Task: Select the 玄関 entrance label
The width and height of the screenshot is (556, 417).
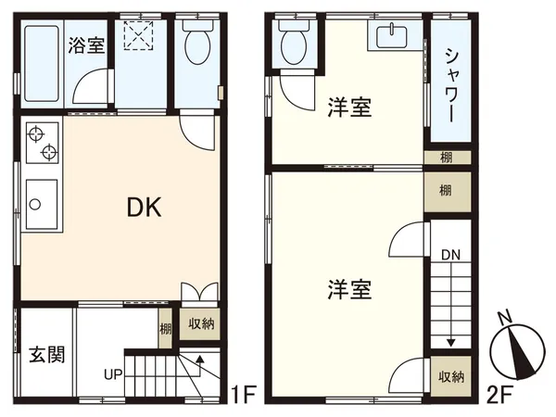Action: (45, 355)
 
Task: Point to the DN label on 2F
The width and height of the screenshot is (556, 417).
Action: (450, 255)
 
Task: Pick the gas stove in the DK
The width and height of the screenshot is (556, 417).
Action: (42, 144)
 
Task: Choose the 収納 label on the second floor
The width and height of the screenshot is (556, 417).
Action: (451, 376)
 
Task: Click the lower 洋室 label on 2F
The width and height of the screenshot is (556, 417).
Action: (349, 290)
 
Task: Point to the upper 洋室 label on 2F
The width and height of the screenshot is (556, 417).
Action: (349, 108)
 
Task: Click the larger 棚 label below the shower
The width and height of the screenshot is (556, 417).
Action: (446, 192)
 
